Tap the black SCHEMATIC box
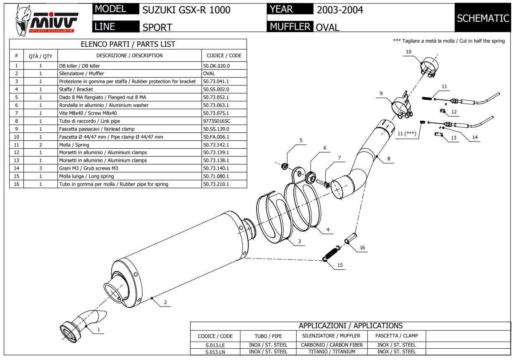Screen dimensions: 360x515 (x=483, y=18)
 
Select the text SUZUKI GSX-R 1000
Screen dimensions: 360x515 (x=186, y=10)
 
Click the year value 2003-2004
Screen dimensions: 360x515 (x=340, y=10)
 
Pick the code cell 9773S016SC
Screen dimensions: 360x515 (x=217, y=121)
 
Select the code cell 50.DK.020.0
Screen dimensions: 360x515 (x=217, y=66)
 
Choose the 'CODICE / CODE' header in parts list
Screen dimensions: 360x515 (x=224, y=55)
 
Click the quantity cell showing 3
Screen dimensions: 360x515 (x=41, y=168)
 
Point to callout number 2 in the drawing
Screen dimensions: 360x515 (x=166, y=303)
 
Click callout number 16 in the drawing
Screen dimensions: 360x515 (x=362, y=248)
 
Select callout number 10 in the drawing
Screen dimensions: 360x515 (x=408, y=52)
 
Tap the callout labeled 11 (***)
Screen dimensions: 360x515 (x=406, y=134)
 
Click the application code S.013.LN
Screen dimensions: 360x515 (x=215, y=352)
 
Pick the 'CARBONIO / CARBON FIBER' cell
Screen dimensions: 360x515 (x=332, y=345)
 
